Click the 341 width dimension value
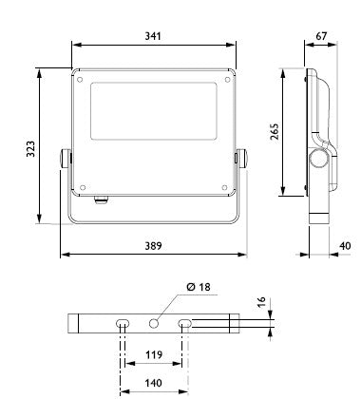(153, 36)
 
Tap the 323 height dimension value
(30, 149)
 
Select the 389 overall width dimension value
(153, 246)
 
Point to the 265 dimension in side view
(275, 132)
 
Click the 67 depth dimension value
(321, 36)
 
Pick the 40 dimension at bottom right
(345, 246)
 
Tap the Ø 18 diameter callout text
(199, 287)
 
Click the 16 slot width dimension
(261, 302)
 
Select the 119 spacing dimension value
(154, 354)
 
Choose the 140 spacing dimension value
(153, 383)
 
